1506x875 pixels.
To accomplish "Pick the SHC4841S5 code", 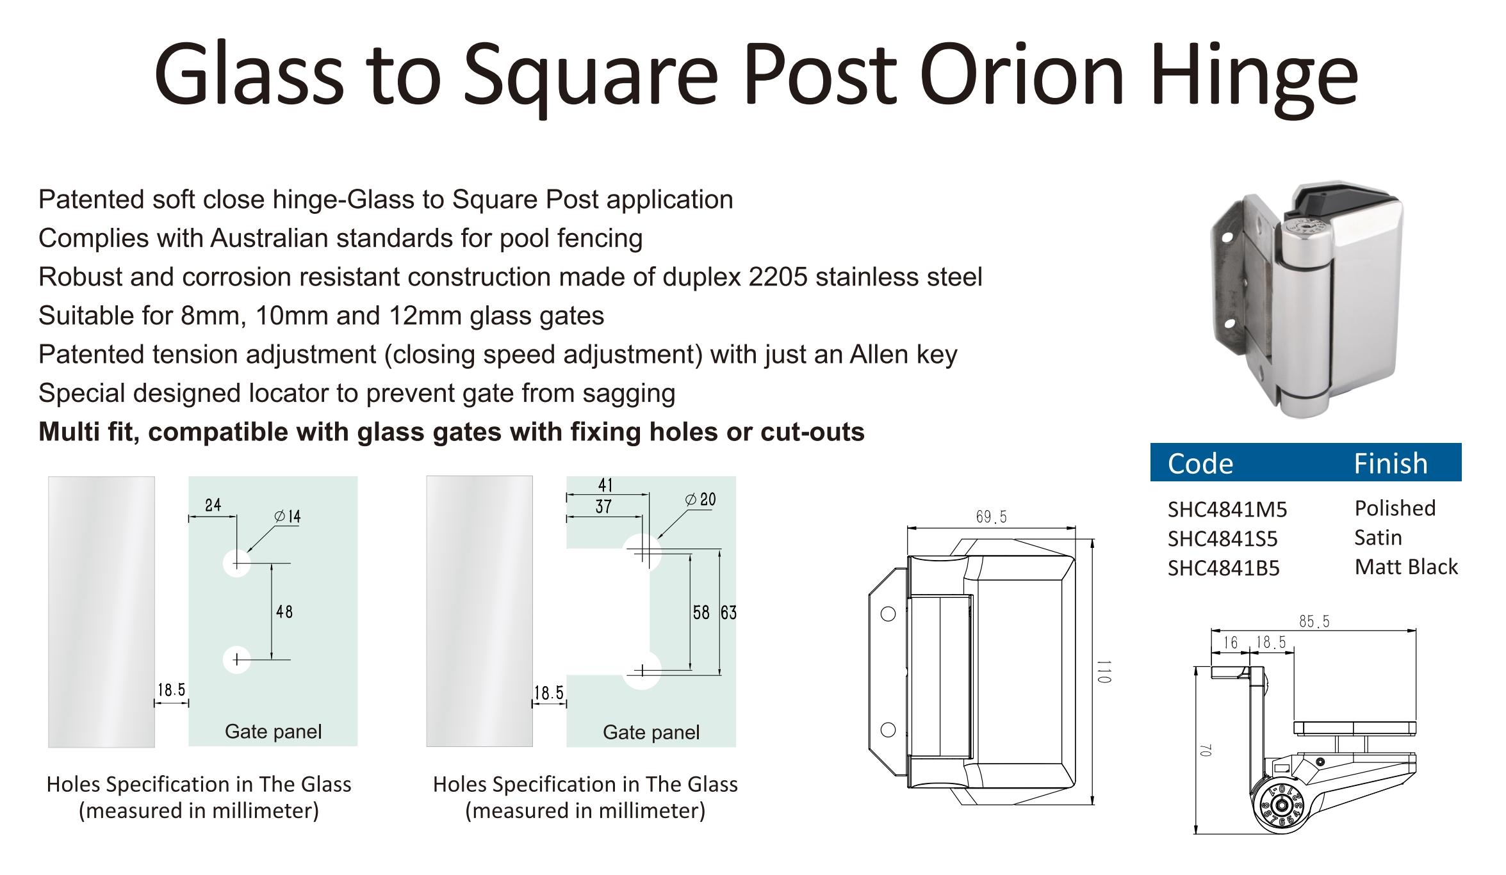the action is [x=1223, y=539].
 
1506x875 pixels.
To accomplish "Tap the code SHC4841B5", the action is [x=1224, y=568].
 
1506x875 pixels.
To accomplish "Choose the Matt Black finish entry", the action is [x=1406, y=567].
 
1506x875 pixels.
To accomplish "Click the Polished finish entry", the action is [x=1395, y=508].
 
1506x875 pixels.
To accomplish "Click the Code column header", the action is [x=1200, y=463].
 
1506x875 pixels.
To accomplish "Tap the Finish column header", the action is [x=1391, y=463].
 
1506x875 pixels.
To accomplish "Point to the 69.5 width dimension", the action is [x=992, y=517].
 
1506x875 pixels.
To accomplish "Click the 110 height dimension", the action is [x=1103, y=671].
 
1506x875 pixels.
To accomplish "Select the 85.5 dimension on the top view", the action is [x=1314, y=622].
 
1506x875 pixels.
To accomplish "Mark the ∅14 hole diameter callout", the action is [x=288, y=517].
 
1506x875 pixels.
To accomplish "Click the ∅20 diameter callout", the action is [x=700, y=500].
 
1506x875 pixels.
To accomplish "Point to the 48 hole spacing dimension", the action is [x=284, y=613].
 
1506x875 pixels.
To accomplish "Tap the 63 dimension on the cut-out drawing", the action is [x=729, y=613].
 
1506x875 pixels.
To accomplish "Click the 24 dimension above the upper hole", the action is [x=213, y=506].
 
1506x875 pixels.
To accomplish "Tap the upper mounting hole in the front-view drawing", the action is [x=888, y=614].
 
